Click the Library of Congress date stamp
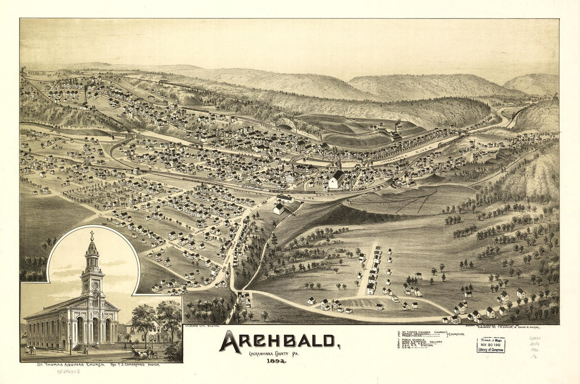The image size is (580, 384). click(x=490, y=345)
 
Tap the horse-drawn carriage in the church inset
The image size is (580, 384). click(x=143, y=353)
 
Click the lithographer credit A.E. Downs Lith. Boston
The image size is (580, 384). click(x=203, y=327)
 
